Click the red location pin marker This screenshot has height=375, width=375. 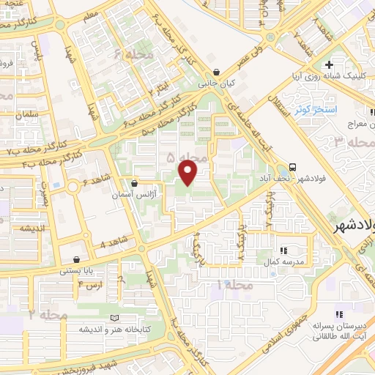[188, 172]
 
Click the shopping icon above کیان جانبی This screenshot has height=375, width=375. [217, 73]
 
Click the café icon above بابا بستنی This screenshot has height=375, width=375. [77, 259]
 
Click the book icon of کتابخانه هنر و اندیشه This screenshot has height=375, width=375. [114, 317]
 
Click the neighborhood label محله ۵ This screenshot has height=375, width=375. [182, 157]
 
